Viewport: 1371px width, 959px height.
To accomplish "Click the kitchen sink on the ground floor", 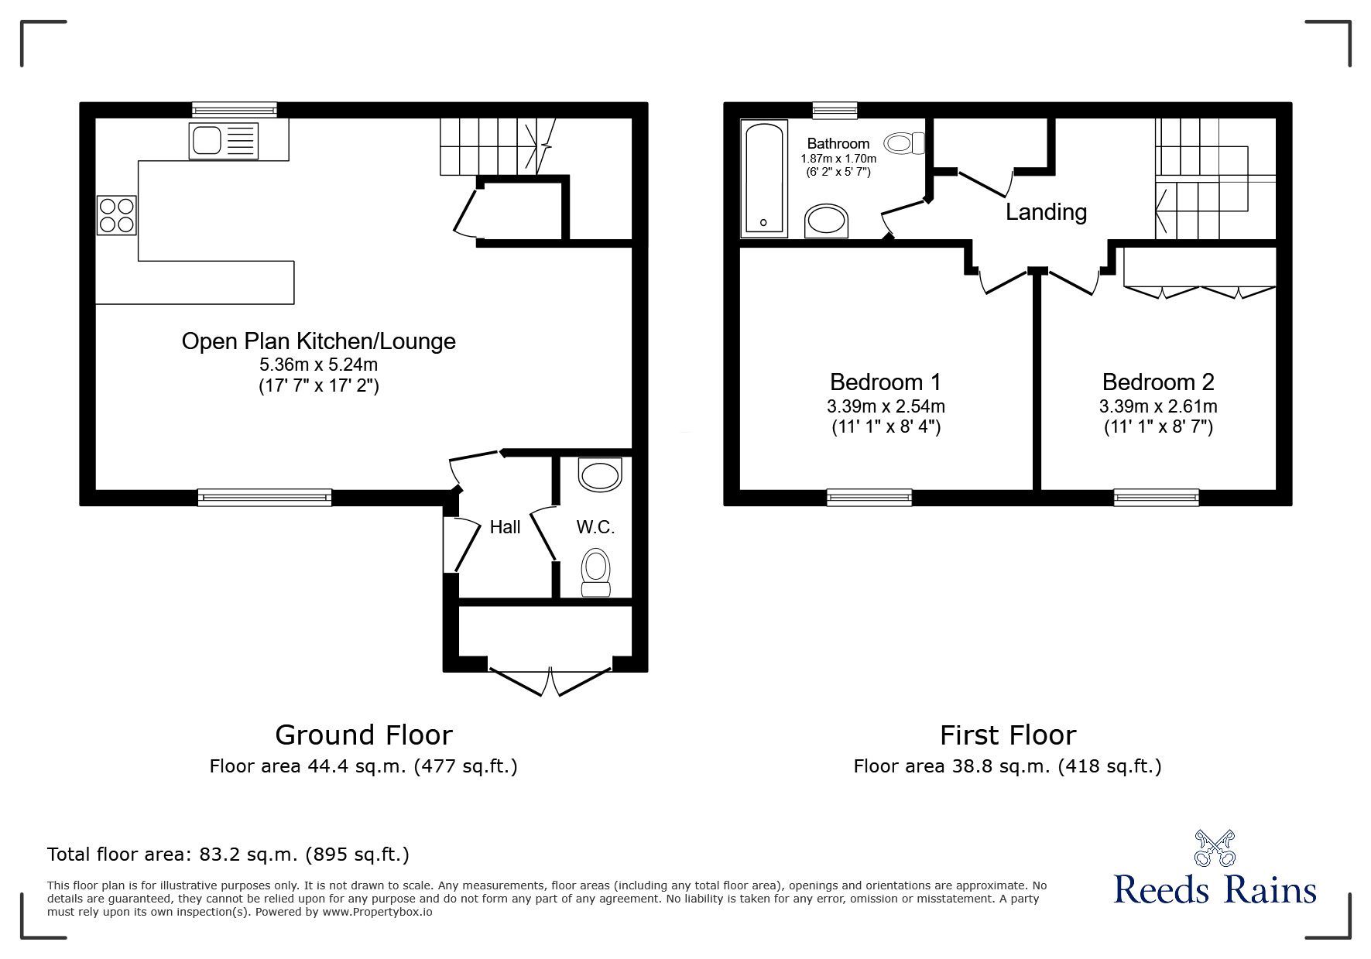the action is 223,141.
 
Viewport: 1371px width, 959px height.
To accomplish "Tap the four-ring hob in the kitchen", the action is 116,215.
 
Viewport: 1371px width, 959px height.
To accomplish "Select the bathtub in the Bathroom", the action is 764,178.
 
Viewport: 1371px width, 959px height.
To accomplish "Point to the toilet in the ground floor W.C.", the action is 595,573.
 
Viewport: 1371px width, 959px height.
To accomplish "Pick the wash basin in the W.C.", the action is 601,474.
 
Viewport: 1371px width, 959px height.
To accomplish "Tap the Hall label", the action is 505,527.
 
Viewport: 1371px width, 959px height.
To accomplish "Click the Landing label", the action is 1046,212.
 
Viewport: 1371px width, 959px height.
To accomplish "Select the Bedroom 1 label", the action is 886,382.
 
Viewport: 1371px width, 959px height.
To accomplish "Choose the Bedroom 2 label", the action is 1158,382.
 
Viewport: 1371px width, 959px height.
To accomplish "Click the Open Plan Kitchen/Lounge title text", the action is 318,341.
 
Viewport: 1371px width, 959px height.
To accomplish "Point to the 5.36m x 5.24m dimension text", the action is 319,365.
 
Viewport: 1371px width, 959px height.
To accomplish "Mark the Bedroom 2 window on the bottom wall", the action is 1157,498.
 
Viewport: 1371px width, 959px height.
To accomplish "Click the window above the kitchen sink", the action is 235,110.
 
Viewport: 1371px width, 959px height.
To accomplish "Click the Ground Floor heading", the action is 364,735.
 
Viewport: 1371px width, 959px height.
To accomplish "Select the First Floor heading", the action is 1008,735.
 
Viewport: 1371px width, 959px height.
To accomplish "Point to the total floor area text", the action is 228,855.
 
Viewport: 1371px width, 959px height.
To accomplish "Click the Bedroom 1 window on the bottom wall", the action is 869,498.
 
